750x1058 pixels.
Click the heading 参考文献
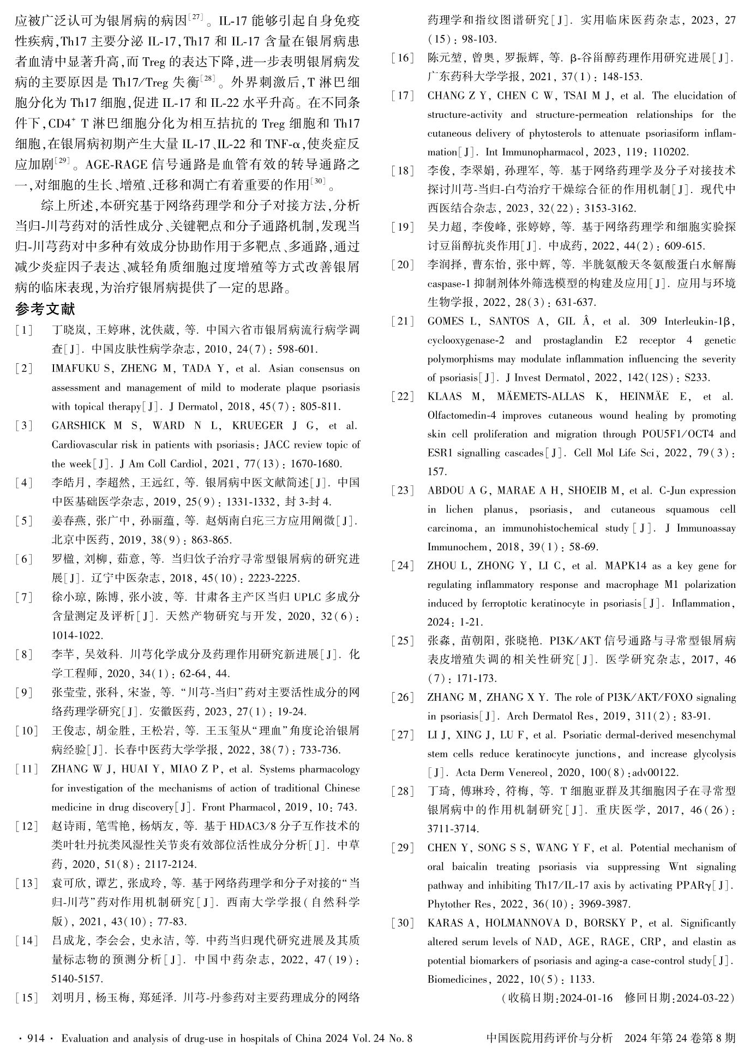point(45,309)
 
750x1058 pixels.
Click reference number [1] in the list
point(24,330)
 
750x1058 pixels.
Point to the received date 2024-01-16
point(586,998)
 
